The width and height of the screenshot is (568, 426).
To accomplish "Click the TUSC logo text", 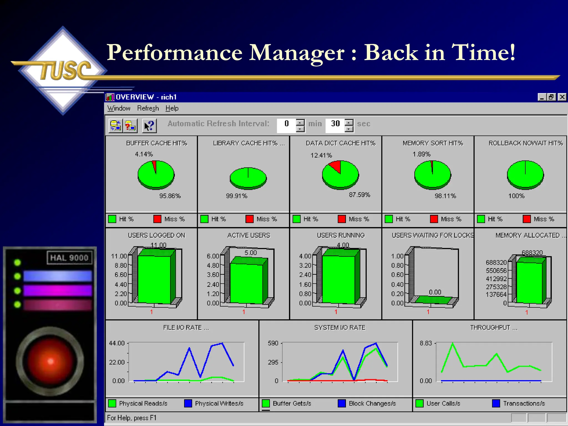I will click(x=65, y=70).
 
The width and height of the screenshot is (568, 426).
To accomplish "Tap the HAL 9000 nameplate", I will click(x=69, y=258).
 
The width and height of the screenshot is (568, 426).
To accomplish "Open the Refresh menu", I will click(x=148, y=108).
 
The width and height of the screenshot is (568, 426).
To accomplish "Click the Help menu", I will click(x=172, y=108).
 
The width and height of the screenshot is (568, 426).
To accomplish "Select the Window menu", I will click(x=119, y=108).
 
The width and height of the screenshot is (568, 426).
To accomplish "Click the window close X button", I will click(x=562, y=97).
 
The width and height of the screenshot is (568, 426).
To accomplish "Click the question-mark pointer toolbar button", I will click(x=149, y=126).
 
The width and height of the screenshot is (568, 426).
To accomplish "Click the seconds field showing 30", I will click(x=335, y=124).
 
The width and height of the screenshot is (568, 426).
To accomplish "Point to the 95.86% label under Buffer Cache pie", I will click(x=170, y=196).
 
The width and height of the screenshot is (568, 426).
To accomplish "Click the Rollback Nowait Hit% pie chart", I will click(x=525, y=175).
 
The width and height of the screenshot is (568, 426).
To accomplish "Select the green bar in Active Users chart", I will click(x=246, y=283).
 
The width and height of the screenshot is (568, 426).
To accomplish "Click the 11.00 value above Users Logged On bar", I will click(x=158, y=245).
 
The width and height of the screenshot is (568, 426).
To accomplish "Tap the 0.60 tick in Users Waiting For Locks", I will click(x=397, y=275).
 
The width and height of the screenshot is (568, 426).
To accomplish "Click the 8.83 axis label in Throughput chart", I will click(x=426, y=343).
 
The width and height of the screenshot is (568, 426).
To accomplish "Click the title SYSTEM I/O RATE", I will click(x=340, y=328).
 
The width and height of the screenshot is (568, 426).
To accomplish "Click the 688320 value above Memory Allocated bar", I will click(x=532, y=253).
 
